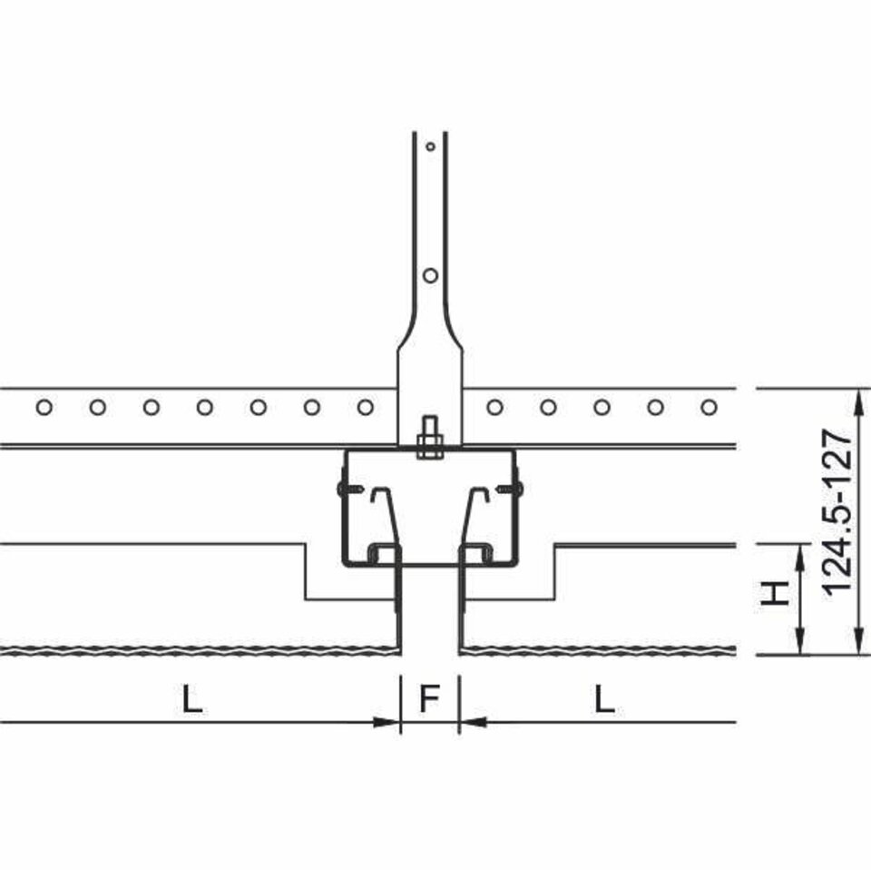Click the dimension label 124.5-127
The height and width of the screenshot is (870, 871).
tap(837, 511)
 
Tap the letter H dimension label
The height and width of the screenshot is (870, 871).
tap(776, 593)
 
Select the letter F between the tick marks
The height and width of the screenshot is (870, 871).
tap(429, 698)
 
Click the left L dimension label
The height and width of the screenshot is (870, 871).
tap(192, 698)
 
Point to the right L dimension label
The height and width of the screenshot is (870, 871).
tap(604, 698)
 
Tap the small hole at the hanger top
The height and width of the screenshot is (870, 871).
tap(430, 147)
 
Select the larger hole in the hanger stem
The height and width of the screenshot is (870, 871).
tap(430, 275)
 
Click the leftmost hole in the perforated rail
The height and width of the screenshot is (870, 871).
tap(44, 408)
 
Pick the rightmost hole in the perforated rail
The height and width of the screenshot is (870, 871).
tap(709, 408)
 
